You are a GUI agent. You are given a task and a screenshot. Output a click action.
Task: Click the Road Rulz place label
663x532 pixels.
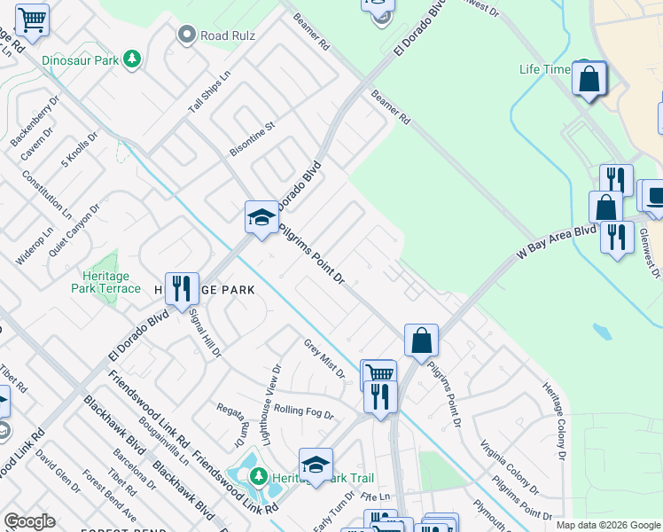point(228,35)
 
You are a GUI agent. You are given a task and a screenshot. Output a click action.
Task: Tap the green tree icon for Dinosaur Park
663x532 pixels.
point(132,59)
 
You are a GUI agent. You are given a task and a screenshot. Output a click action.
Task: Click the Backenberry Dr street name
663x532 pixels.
point(34,126)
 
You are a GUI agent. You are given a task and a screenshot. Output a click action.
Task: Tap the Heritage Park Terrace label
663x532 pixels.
point(106,282)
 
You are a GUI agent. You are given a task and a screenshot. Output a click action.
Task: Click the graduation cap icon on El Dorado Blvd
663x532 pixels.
point(262,217)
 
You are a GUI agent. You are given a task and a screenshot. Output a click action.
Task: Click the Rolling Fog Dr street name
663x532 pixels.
point(303,412)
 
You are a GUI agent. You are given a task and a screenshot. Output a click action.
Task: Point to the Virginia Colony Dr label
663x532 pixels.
point(508,465)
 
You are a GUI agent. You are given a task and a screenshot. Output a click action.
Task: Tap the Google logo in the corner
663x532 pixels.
point(29,521)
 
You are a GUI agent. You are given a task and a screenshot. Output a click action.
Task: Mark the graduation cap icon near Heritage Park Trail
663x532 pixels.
point(316,464)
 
